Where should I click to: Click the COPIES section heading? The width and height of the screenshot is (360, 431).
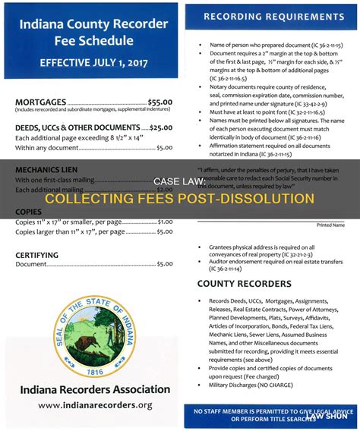[28, 212]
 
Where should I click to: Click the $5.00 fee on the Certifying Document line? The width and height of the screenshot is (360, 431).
[163, 263]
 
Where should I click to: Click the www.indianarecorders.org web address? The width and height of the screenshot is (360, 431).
[94, 406]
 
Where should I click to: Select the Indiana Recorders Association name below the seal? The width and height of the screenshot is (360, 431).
[94, 390]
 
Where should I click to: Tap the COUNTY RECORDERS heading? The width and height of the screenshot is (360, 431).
[245, 284]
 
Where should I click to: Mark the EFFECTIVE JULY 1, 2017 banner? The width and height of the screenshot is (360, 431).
[93, 63]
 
